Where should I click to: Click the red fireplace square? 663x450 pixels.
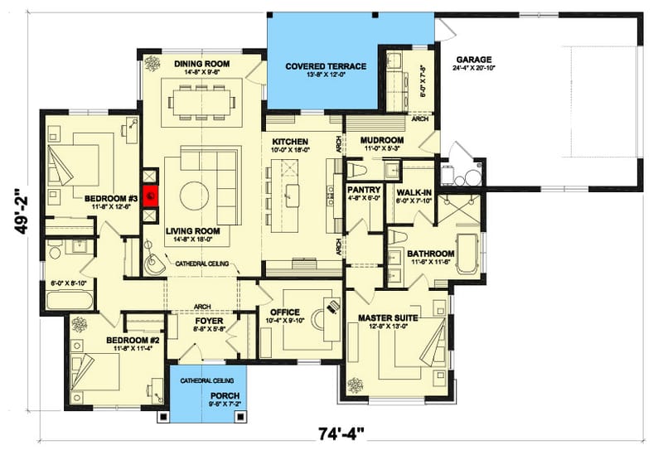(151, 196)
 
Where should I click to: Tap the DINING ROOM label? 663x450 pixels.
(201, 64)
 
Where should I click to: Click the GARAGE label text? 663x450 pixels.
(473, 60)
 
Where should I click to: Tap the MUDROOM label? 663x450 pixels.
(381, 141)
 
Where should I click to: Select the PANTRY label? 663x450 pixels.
(363, 190)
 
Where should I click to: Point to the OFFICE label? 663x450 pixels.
(284, 312)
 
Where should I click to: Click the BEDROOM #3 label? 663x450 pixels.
(110, 198)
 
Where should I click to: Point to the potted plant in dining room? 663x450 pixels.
(152, 63)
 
